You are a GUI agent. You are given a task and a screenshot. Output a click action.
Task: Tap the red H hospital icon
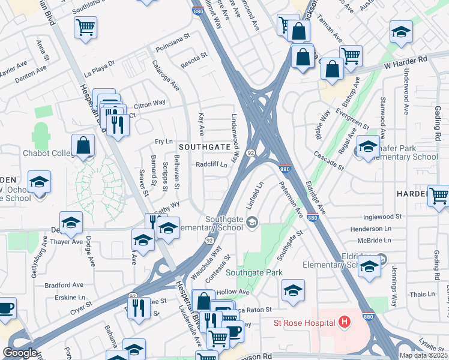click(x=344, y=323)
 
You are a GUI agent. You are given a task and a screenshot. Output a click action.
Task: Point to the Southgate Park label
click(x=254, y=272)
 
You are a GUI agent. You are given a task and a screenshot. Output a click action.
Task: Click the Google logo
click(x=20, y=353)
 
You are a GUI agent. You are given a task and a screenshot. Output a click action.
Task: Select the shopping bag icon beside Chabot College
click(x=83, y=146)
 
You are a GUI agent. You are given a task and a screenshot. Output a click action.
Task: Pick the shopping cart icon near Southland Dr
click(x=86, y=26)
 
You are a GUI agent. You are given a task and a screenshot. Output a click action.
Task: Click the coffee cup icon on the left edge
click(x=6, y=308)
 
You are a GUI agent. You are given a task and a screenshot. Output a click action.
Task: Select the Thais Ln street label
click(x=423, y=294)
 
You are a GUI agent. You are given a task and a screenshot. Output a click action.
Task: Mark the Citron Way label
click(x=153, y=103)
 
